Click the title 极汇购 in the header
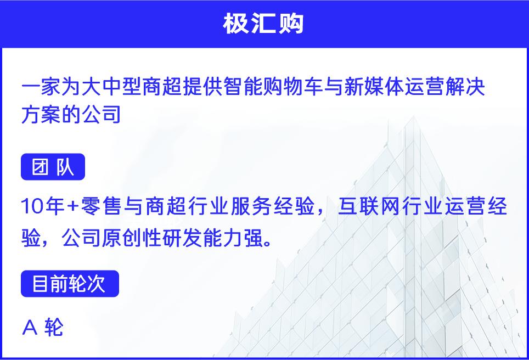click(263, 24)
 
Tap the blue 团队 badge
click(53, 167)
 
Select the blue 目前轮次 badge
click(70, 283)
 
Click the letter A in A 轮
click(30, 327)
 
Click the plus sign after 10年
click(72, 206)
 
